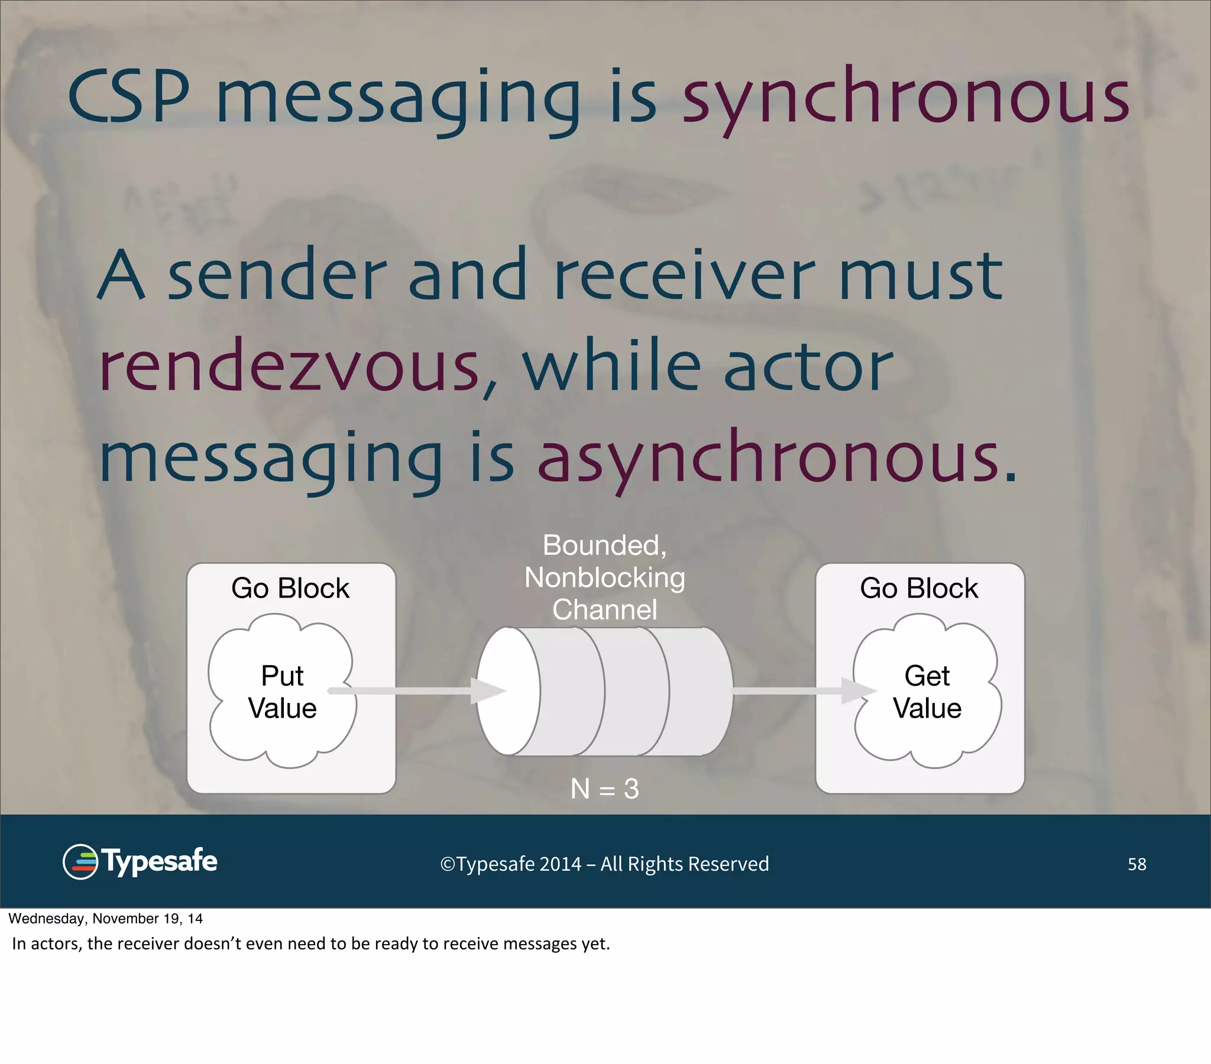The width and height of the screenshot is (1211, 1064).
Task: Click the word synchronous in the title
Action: [906, 98]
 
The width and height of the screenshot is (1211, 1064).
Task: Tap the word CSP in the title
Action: [128, 98]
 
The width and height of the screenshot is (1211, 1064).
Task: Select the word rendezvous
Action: [289, 367]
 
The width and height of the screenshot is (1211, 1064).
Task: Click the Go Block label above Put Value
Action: [290, 588]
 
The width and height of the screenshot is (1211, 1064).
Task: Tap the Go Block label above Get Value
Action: [919, 588]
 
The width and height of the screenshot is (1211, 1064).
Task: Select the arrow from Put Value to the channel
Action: [415, 691]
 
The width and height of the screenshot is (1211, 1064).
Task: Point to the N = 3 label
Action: [604, 789]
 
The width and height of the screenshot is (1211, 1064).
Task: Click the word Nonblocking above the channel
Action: [604, 578]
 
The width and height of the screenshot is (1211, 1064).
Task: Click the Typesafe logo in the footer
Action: [140, 862]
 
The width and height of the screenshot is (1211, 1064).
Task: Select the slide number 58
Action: [1136, 864]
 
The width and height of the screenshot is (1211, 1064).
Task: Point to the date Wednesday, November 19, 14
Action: [105, 919]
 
